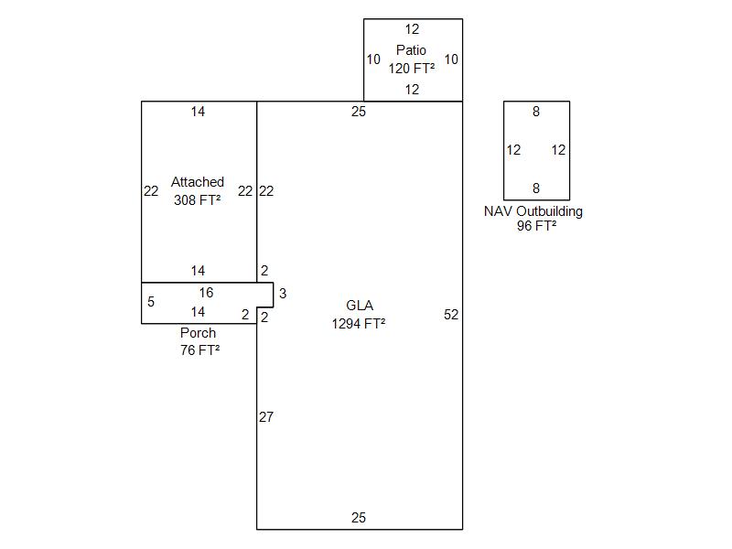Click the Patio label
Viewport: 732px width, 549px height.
point(411,50)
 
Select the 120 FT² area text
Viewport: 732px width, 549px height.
point(411,68)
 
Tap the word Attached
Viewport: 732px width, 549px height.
point(198,182)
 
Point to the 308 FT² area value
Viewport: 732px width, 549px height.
point(198,199)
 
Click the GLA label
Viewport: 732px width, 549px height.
point(360,306)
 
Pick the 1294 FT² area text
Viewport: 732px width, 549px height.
point(359,323)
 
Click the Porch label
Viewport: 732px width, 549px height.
point(199,333)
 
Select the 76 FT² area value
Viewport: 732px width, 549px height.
point(200,350)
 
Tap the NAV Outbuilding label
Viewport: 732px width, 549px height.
point(533,211)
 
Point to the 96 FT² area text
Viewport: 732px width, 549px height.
point(536,226)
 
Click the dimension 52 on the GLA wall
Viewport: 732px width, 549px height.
point(451,315)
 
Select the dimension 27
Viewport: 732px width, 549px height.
point(266,417)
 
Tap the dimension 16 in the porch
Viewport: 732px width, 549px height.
point(206,293)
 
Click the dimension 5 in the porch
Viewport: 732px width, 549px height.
point(151,302)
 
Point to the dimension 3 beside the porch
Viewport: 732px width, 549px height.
point(283,294)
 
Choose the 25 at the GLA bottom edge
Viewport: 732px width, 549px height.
point(359,518)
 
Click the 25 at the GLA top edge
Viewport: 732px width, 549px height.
point(359,112)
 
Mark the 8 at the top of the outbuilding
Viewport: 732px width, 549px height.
point(536,112)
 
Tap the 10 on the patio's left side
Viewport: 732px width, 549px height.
point(373,59)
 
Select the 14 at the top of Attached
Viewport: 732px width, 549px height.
point(199,112)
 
